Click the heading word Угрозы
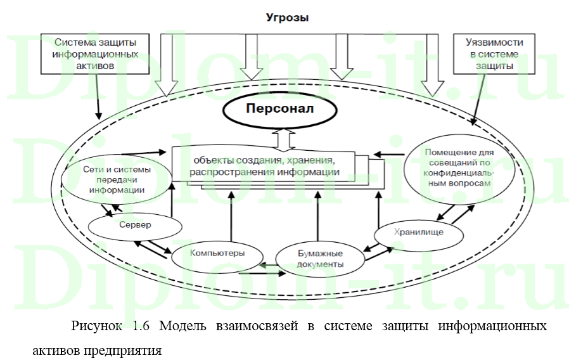point(287,18)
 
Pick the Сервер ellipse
point(134,225)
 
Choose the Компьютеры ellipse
point(217,254)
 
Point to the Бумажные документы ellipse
point(321,259)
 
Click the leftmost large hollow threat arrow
point(168,63)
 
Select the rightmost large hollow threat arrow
point(433,63)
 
